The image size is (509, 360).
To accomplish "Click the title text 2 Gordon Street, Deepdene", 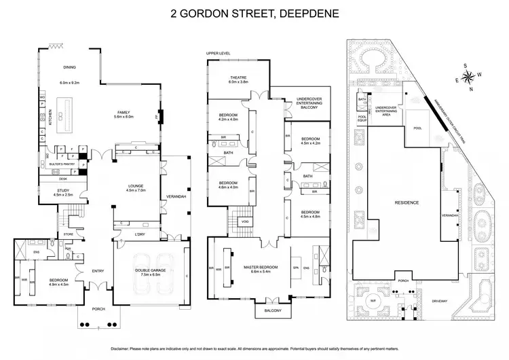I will coord(254,13).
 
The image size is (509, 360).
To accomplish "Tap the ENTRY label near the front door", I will coord(98,272).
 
